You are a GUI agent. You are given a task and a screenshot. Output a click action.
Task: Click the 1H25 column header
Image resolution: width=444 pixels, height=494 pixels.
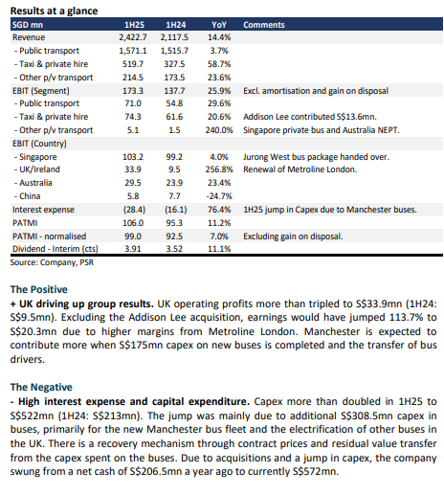click(x=134, y=25)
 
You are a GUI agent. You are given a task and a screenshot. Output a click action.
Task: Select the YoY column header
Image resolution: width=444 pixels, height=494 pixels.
click(x=219, y=25)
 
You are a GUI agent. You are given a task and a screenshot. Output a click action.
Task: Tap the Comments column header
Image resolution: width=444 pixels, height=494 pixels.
click(x=264, y=25)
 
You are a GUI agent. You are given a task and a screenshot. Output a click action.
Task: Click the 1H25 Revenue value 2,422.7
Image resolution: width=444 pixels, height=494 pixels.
click(x=133, y=37)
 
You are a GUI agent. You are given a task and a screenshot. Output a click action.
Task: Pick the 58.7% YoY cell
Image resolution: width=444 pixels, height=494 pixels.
click(x=219, y=64)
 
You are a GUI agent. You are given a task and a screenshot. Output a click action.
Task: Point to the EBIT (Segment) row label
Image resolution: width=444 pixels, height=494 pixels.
click(x=41, y=91)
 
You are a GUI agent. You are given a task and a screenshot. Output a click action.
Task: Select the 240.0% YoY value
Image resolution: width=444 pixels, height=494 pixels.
click(x=219, y=130)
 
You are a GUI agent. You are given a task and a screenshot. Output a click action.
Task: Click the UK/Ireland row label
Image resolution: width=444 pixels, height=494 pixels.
click(x=37, y=169)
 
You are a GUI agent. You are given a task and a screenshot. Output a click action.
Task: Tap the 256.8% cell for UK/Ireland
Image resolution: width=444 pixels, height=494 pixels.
click(x=219, y=169)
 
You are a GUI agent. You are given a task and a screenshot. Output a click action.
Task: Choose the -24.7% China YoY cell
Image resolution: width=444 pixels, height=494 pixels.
click(x=219, y=196)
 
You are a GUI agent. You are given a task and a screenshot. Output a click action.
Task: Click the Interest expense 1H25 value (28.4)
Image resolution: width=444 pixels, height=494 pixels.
click(x=134, y=210)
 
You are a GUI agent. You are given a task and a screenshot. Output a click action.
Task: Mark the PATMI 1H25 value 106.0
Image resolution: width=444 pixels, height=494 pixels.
click(x=133, y=223)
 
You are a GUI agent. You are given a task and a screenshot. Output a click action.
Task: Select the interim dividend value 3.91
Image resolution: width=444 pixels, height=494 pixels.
click(x=133, y=249)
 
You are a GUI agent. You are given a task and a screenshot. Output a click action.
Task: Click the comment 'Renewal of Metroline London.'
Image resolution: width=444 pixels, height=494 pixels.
click(x=300, y=169)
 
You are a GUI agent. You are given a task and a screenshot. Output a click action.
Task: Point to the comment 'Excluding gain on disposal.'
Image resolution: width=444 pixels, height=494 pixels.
click(x=293, y=236)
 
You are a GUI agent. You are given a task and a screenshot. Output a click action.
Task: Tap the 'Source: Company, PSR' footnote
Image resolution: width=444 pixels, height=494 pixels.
click(x=52, y=262)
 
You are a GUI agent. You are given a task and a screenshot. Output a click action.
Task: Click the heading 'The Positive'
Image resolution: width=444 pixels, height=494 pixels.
click(x=39, y=289)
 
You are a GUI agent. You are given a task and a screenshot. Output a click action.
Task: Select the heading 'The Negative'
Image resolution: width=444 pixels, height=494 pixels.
click(x=41, y=387)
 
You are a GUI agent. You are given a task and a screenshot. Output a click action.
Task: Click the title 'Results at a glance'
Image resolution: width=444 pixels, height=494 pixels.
click(x=54, y=11)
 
